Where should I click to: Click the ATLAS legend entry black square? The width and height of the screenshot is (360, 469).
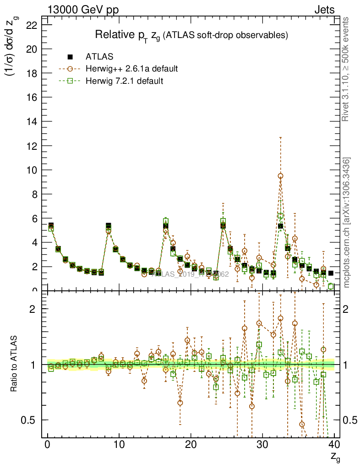(x=70, y=57)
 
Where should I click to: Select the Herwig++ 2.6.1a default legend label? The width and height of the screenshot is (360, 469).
(x=131, y=69)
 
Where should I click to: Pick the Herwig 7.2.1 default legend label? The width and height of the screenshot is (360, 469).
(x=125, y=81)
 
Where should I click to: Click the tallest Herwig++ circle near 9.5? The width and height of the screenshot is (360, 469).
(x=280, y=176)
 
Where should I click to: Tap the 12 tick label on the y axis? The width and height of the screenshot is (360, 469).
(x=31, y=146)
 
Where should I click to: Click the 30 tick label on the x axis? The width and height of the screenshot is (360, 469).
(x=262, y=445)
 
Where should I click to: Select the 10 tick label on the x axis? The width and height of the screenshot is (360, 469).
(x=119, y=445)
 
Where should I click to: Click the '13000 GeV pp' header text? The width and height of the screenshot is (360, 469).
(x=83, y=10)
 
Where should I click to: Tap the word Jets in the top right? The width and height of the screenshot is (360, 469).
(x=324, y=10)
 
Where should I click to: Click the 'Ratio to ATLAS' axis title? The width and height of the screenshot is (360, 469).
(x=15, y=364)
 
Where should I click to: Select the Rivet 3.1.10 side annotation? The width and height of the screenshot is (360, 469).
(x=347, y=69)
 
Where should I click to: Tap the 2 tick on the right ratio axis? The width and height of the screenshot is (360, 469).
(x=348, y=309)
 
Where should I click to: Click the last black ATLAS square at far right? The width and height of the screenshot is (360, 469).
(x=331, y=273)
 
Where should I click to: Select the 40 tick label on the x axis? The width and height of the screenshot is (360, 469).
(x=334, y=445)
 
